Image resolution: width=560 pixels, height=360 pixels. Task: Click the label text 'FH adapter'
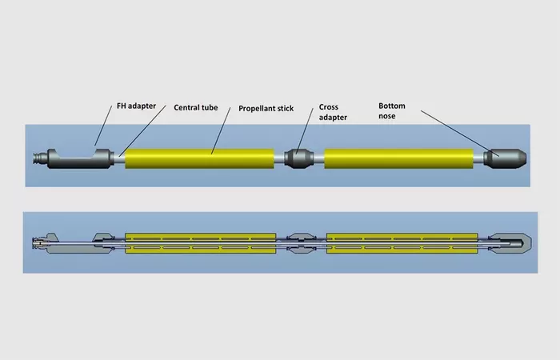point(137,106)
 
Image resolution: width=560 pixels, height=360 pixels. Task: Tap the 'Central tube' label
point(196,107)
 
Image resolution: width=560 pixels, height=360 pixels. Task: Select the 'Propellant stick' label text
point(266,108)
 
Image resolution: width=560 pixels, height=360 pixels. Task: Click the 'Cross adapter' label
point(333,112)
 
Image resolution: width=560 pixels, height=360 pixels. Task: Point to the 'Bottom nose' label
point(392,110)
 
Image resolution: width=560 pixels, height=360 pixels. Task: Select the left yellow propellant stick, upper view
point(200,158)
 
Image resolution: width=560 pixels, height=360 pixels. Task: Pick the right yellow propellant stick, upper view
point(399,158)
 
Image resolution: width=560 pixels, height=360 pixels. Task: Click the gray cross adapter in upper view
point(299,158)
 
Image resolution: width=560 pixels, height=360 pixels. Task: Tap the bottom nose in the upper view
point(505,159)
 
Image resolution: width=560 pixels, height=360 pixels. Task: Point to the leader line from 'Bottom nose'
point(460,134)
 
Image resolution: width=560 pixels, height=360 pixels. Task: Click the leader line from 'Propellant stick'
point(221,130)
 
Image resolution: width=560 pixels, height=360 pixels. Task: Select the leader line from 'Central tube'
point(142,130)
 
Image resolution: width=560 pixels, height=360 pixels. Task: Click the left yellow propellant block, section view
point(200,243)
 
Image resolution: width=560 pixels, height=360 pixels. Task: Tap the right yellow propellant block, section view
point(402,243)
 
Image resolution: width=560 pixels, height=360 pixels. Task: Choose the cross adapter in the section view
point(302,243)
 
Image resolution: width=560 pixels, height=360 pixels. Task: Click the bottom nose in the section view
point(510,243)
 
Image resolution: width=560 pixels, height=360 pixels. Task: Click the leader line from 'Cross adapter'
point(305,131)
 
